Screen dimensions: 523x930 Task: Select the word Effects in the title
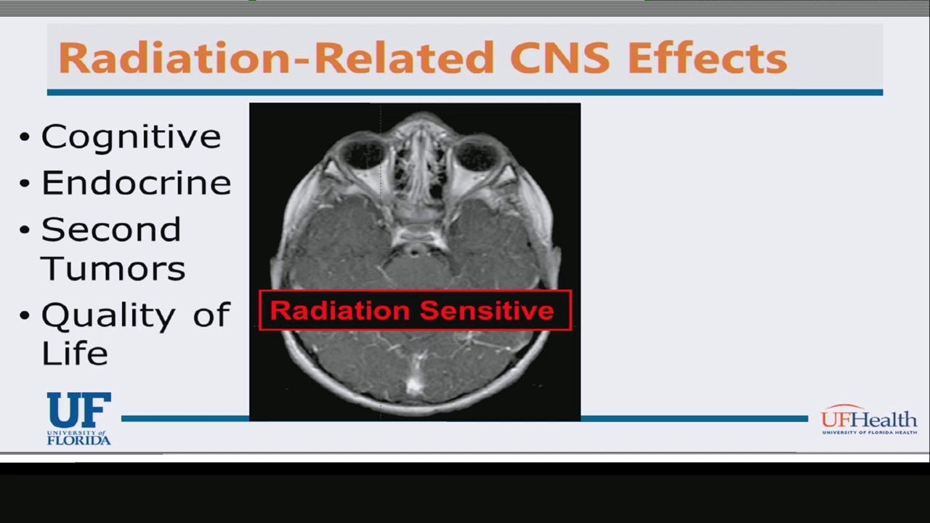pos(707,58)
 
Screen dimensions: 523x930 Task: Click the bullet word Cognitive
pos(131,137)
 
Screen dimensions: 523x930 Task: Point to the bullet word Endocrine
pos(136,183)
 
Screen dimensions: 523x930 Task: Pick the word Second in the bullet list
pos(111,230)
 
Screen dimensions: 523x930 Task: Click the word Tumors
pos(113,268)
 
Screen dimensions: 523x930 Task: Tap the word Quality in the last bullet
pos(108,316)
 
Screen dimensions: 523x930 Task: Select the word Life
pos(75,354)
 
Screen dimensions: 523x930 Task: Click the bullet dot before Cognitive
pos(25,137)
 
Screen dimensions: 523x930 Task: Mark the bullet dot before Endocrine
pos(25,183)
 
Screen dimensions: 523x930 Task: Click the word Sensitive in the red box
pos(487,311)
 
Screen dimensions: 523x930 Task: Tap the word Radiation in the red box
pos(339,311)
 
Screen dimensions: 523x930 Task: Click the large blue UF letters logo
pos(79,410)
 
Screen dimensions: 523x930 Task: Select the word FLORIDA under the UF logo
pos(79,439)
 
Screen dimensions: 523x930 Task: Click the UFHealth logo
pos(869,420)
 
